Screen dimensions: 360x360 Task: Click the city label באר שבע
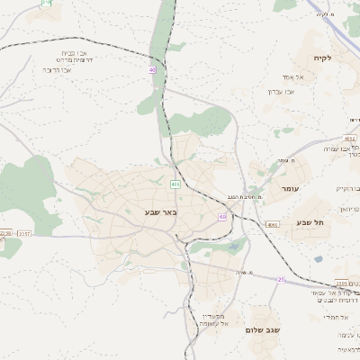point(161,212)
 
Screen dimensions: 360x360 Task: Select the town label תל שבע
point(310,221)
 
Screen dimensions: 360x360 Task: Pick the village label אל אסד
point(281,76)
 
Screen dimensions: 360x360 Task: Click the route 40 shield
point(152,69)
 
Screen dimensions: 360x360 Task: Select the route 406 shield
point(175,184)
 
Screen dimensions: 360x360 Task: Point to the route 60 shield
point(222,217)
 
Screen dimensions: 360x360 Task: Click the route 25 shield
point(281,280)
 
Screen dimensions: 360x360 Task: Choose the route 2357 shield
point(24,233)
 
